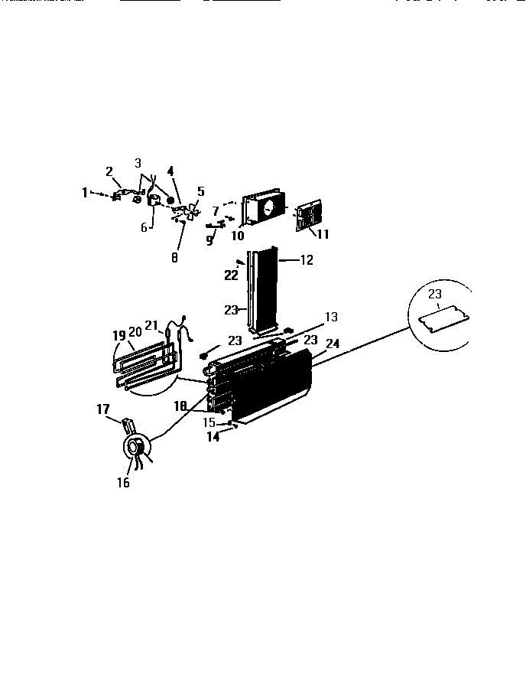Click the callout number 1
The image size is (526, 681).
86,193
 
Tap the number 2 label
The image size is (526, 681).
109,171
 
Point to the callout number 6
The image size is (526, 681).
143,227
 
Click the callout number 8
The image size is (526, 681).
174,259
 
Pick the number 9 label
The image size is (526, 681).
209,239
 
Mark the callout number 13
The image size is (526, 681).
330,316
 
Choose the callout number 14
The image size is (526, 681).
213,437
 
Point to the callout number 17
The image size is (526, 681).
103,409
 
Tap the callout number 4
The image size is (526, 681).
170,171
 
